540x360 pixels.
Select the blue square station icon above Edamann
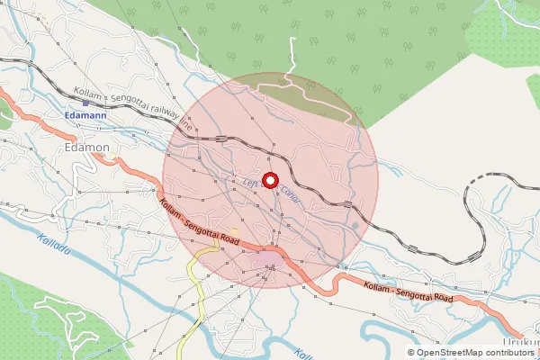pyautogui.click(x=85, y=103)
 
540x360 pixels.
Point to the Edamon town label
pyautogui.click(x=88, y=148)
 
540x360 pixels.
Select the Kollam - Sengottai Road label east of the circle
pyautogui.click(x=407, y=291)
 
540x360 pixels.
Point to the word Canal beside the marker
pyautogui.click(x=291, y=193)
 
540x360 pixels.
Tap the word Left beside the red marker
pyautogui.click(x=251, y=180)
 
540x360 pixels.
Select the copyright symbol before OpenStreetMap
pyautogui.click(x=411, y=352)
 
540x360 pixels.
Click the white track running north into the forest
pyautogui.click(x=291, y=63)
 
